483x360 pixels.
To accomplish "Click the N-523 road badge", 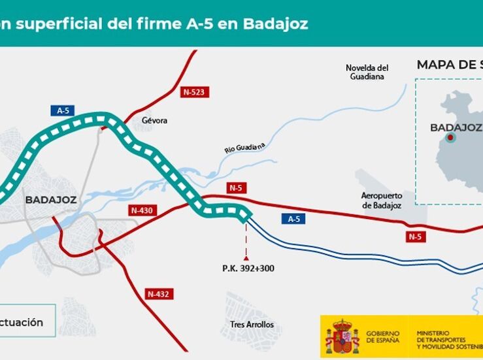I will pos(194,92).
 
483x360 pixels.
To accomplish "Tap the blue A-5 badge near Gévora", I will pos(63,110).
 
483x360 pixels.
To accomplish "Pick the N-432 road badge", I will pos(158,294).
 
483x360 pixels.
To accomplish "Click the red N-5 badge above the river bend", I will pos(236,188).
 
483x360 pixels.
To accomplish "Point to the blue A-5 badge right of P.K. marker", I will pos(294,219).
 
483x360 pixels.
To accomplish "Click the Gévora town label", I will pos(155,121).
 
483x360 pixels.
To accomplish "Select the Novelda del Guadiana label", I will pos(367,72).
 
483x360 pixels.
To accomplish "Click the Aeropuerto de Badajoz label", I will pos(381,201).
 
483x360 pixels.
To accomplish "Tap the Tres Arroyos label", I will pos(252,325).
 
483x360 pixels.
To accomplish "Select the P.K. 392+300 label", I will pos(248,268).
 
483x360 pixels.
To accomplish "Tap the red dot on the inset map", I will pos(450,138).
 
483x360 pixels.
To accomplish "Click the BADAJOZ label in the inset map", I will pos(456,127).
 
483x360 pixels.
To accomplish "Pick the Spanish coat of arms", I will pos(342,336).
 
